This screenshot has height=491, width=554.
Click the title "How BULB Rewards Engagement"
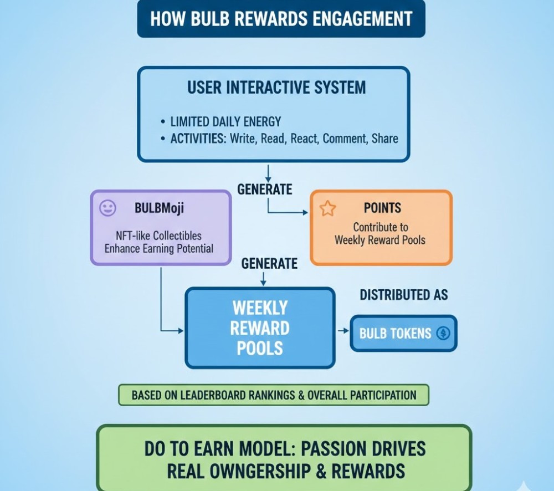[x=281, y=19]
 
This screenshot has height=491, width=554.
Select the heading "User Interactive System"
[x=276, y=88]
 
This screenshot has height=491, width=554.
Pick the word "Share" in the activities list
[x=385, y=138]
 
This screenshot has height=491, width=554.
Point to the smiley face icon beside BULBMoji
[x=107, y=208]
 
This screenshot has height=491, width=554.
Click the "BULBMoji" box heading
[x=159, y=208]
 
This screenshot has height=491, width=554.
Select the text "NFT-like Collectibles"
[x=158, y=236]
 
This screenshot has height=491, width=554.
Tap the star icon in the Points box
[x=328, y=208]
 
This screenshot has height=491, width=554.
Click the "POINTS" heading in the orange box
[x=382, y=208]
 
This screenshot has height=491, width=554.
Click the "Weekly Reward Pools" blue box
[x=260, y=328]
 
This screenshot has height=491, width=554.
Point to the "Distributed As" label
[x=404, y=295]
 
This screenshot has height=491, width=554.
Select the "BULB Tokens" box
[x=403, y=333]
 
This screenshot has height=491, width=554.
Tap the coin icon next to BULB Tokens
[x=443, y=333]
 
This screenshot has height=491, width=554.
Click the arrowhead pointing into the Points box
[x=305, y=213]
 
